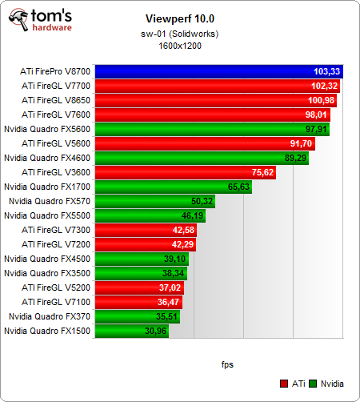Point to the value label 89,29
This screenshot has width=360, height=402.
click(x=297, y=158)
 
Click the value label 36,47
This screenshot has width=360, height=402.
click(x=170, y=302)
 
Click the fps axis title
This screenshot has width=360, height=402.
click(x=228, y=364)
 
